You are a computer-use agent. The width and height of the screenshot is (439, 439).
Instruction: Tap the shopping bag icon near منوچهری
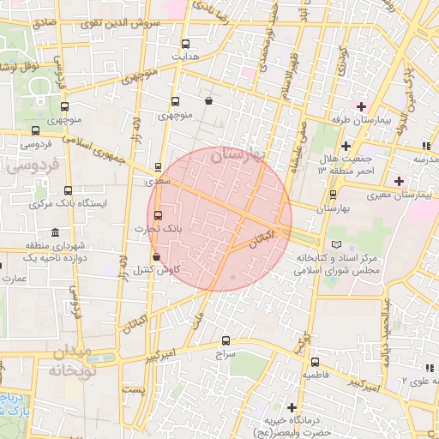pos(209,101)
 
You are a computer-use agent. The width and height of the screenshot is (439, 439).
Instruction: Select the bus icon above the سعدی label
pos(157,168)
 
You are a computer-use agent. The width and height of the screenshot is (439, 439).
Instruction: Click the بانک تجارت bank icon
pos(157,215)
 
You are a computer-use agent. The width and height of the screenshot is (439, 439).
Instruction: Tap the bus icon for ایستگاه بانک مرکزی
pos(69,191)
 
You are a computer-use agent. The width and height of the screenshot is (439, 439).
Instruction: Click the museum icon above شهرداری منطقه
pos(56,233)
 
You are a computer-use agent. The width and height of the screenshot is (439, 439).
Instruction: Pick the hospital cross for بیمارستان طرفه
pos(361,106)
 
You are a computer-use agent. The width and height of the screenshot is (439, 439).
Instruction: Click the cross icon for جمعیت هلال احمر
pos(345,145)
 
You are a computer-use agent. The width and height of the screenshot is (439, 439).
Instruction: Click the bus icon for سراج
pos(226,340)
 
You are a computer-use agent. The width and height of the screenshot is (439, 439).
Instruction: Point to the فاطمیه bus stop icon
pos(315,362)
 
